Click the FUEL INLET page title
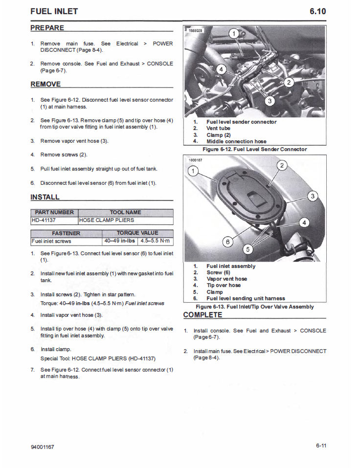point(54,11)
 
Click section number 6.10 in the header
point(317,11)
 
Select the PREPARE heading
point(47,28)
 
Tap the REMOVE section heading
point(45,84)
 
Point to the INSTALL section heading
point(45,197)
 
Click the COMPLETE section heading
point(202,314)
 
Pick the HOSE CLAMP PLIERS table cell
point(106,220)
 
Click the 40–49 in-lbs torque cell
point(119,241)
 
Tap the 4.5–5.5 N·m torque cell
point(155,241)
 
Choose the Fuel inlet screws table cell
point(52,241)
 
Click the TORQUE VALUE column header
point(137,233)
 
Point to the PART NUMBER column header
point(54,212)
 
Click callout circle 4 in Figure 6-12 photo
point(221,69)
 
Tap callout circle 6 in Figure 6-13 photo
point(227,241)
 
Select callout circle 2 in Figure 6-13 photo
point(282,165)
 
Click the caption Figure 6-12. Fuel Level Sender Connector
point(254,149)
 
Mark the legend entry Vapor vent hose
point(226,279)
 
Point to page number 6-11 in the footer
point(321,446)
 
